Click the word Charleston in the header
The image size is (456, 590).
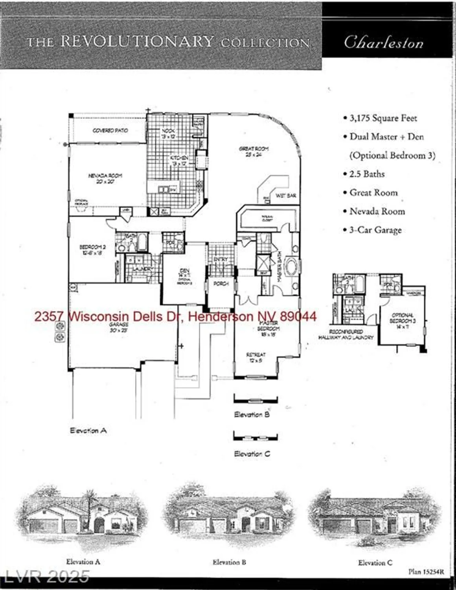[x=384, y=42]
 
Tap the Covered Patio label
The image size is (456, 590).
[x=110, y=130]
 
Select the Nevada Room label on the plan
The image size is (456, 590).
[x=105, y=178]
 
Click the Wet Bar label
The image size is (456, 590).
[x=286, y=195]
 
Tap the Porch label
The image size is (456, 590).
[x=221, y=284]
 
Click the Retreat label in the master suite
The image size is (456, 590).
[x=256, y=357]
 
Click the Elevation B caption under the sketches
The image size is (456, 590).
[x=229, y=562]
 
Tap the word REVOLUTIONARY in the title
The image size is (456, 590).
[x=137, y=41]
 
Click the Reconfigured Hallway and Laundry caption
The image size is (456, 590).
[x=346, y=335]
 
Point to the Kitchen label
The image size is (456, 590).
[x=179, y=160]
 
